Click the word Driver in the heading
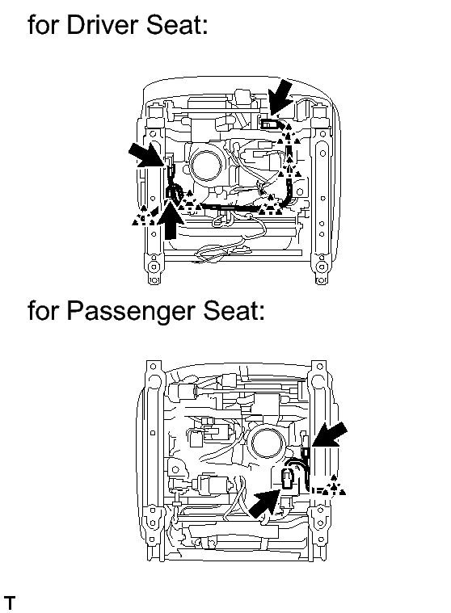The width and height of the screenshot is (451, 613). coord(103,25)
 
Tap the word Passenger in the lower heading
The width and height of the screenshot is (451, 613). coord(131,311)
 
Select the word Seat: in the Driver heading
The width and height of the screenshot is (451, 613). coord(177,25)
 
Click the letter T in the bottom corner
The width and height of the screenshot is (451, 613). coord(10,603)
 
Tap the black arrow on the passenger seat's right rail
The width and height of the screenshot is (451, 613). coord(329,435)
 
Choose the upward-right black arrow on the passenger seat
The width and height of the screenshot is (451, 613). coord(265,503)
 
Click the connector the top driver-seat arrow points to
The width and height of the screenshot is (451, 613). coord(269,124)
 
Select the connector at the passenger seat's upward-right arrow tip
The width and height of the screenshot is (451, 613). coord(288,478)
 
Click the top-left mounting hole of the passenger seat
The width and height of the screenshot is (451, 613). coord(154,367)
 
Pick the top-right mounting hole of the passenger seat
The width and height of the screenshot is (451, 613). coord(320,367)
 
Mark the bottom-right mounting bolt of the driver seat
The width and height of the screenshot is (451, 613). coord(321,267)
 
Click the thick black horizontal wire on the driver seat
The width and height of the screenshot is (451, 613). coord(230,208)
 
